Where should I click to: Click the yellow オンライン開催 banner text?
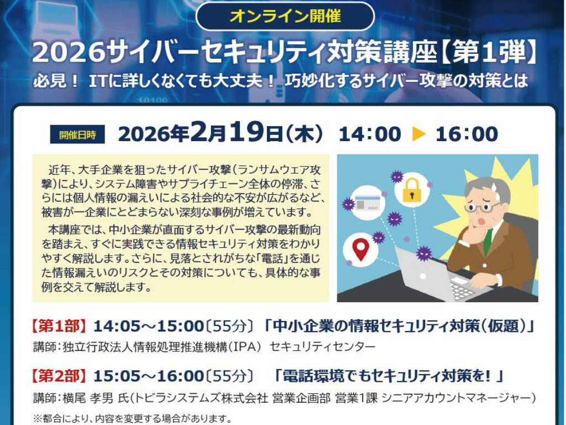coord(285,16)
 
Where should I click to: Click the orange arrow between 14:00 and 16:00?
coord(419,134)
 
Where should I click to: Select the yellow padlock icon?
coord(412,190)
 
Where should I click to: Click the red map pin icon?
coord(360,249)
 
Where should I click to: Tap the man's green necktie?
coord(488,241)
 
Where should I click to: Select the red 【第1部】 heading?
coord(59,326)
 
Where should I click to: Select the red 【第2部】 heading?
coord(59,376)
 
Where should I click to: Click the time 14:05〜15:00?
coord(149,326)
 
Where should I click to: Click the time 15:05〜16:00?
coord(149,376)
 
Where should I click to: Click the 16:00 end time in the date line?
coord(467,134)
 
